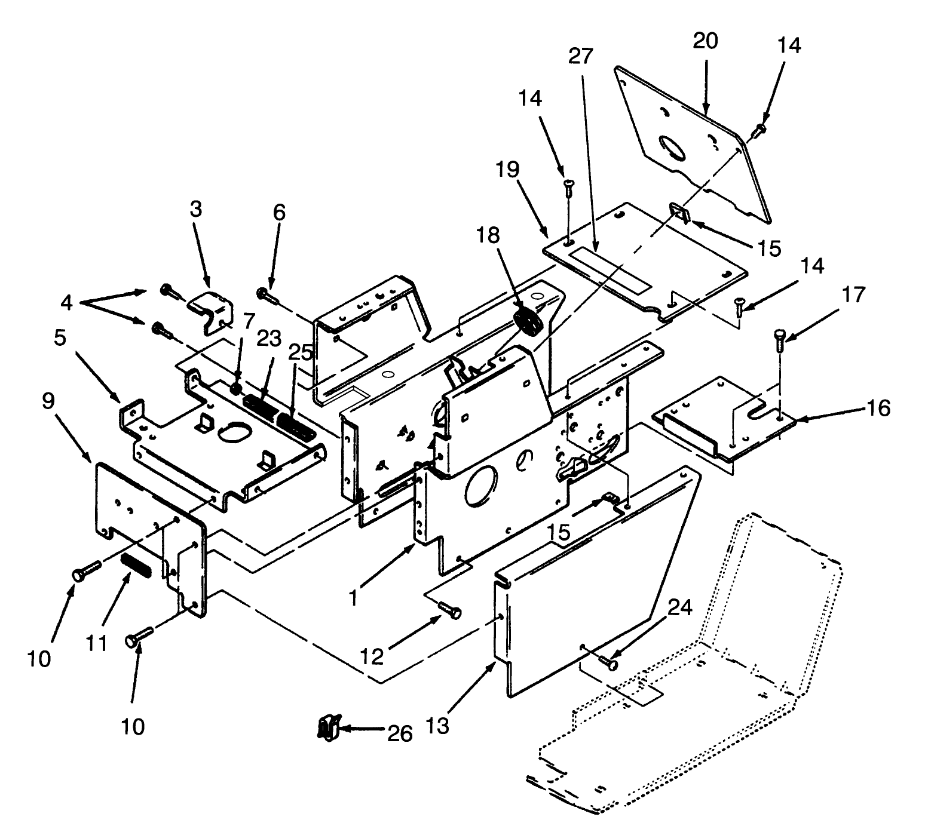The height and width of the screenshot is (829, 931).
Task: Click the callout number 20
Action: (x=705, y=41)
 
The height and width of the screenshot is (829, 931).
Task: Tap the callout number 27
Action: (x=580, y=56)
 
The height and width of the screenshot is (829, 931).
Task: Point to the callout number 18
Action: (x=488, y=235)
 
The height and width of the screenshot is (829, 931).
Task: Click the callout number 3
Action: (x=196, y=209)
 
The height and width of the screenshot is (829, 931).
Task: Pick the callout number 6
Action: (x=279, y=212)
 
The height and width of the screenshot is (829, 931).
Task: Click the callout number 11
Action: (x=96, y=643)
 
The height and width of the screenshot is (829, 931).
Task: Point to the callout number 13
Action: (x=438, y=727)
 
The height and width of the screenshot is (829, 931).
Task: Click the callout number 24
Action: (x=680, y=607)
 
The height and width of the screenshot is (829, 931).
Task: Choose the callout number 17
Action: (x=854, y=294)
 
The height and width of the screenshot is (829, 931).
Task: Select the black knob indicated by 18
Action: (x=528, y=323)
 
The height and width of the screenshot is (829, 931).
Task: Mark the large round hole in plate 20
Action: (x=673, y=147)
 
